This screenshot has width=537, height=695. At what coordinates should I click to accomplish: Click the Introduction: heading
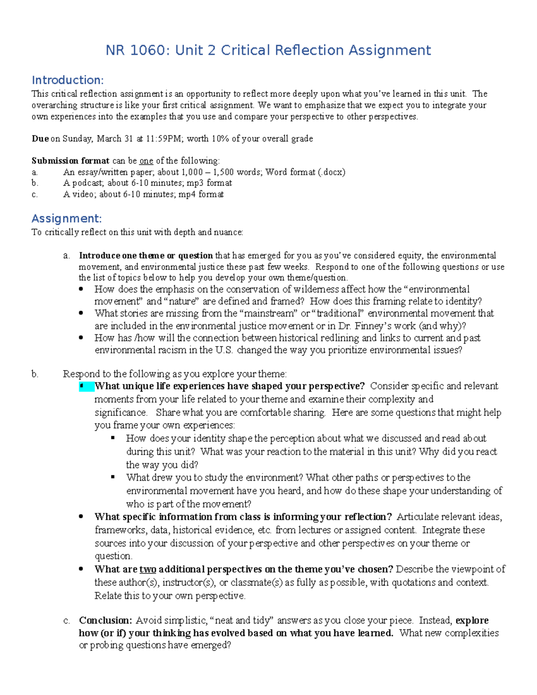coord(68,80)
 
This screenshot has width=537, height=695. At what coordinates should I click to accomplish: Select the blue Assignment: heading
coord(67,218)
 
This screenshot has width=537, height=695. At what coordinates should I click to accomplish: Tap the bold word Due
coord(40,139)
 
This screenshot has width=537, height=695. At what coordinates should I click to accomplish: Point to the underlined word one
coord(146,161)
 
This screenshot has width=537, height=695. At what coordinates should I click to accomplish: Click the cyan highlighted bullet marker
coord(86,386)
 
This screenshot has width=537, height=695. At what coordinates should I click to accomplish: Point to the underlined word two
coord(148,569)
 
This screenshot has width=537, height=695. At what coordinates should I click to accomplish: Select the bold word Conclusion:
coord(106,620)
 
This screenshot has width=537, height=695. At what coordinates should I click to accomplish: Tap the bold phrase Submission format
coord(70,161)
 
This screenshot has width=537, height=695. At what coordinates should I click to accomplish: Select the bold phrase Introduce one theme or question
coord(146,256)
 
